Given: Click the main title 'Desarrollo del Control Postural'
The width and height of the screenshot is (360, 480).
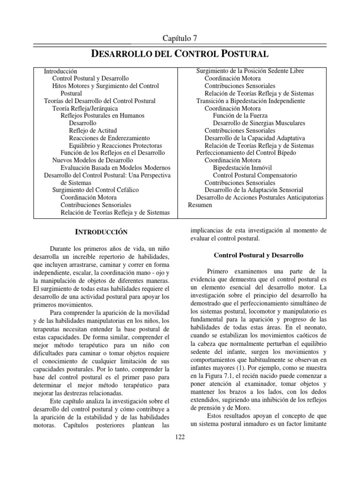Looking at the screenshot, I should [x=180, y=54].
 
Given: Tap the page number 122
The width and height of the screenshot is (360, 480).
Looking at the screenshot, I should [x=180, y=437].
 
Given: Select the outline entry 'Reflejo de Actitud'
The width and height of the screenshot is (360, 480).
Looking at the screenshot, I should [x=93, y=130].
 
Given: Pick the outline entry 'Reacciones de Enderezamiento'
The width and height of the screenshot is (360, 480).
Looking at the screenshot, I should [x=109, y=138].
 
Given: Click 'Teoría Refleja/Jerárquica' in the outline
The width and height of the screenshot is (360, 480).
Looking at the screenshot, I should [x=89, y=108].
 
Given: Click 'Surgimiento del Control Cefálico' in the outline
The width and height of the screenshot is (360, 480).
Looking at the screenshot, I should [x=95, y=190].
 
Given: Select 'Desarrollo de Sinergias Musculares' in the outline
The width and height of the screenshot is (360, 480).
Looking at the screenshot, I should [x=259, y=123].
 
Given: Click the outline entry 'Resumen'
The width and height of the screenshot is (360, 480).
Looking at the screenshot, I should [x=200, y=205].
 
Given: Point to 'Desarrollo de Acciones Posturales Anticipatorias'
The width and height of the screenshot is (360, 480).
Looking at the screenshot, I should [x=260, y=197].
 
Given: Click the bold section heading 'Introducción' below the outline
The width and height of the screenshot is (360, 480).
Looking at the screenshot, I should [x=102, y=232].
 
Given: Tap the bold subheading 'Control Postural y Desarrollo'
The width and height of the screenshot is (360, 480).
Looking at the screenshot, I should [x=259, y=255].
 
